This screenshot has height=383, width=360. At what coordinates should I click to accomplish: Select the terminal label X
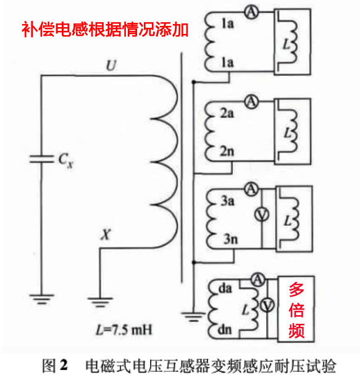106,234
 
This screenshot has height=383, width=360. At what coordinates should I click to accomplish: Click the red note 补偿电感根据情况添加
105,28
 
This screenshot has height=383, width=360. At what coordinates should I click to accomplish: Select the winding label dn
225,330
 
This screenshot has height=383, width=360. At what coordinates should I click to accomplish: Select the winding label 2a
227,113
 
